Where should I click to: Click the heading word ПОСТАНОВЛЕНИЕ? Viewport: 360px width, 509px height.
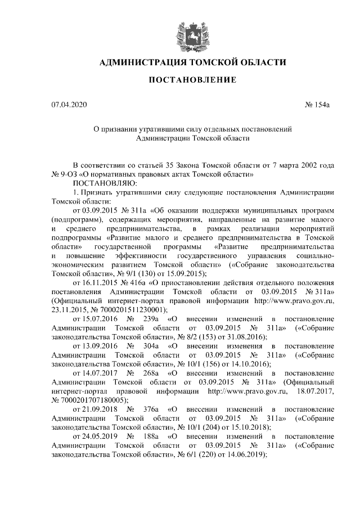pos(192,80)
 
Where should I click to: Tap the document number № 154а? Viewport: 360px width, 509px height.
pos(319,106)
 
